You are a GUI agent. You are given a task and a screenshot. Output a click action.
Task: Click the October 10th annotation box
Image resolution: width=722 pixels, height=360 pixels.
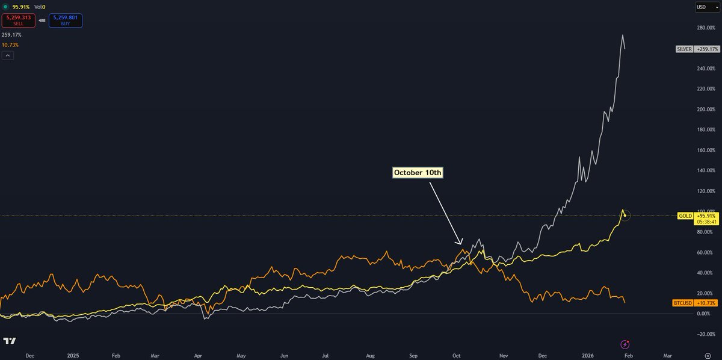pos(418,173)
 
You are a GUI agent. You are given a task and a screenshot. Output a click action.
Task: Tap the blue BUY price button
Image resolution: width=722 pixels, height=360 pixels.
pos(66,20)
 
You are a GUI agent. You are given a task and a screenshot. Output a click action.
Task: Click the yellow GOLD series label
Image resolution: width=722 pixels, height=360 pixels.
pos(685,216)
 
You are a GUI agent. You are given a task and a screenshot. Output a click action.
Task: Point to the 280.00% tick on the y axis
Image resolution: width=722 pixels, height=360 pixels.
pos(706,28)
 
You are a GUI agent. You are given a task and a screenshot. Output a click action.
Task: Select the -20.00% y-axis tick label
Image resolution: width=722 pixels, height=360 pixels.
pos(706,334)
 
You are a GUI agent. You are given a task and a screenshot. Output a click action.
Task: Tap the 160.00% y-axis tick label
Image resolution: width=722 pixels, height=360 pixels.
pos(706,151)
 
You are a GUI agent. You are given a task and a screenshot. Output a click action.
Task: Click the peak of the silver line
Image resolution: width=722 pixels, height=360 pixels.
pos(622,35)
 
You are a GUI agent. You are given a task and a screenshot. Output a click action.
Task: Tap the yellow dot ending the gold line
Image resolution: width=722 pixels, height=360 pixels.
pos(625,215)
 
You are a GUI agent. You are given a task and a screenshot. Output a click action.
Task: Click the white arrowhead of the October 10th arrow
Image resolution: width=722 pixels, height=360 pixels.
pos(461,244)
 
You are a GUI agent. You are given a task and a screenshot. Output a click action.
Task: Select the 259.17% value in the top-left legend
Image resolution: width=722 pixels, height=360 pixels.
pos(11,35)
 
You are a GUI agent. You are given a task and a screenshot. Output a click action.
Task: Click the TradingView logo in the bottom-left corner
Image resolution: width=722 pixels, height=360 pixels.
pos(9,341)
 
